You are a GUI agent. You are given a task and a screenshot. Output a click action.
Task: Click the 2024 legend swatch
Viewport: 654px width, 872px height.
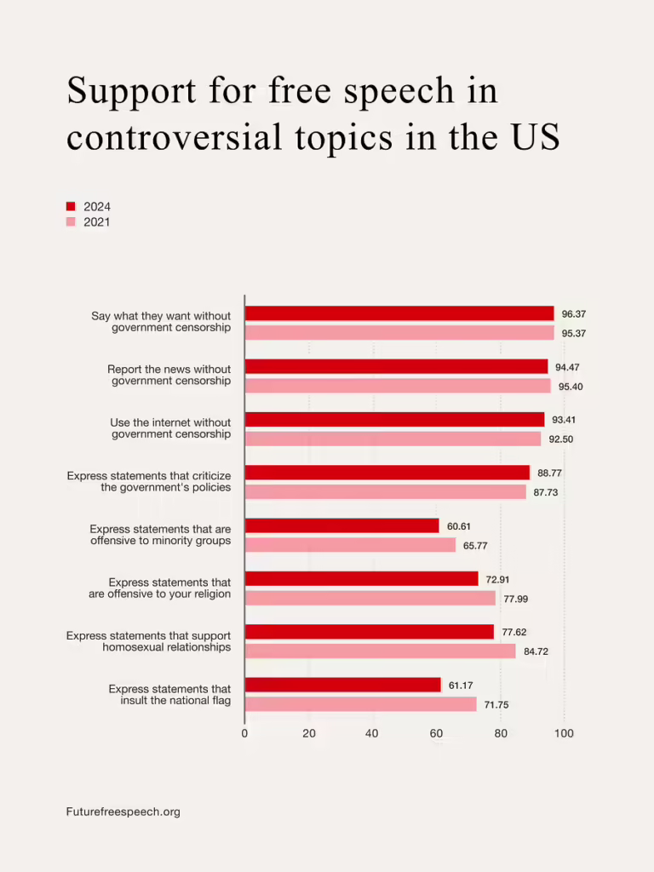click(x=71, y=207)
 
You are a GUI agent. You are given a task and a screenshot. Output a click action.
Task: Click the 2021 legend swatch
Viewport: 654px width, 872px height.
click(x=71, y=222)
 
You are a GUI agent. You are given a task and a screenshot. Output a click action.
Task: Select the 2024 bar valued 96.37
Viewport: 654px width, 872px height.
click(x=399, y=313)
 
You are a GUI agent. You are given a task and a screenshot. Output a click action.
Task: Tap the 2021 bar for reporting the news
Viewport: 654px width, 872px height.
click(x=398, y=386)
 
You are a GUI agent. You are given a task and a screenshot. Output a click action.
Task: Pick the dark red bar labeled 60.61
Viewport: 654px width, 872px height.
click(x=341, y=526)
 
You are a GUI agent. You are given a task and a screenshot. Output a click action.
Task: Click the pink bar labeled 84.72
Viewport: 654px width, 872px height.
click(x=380, y=651)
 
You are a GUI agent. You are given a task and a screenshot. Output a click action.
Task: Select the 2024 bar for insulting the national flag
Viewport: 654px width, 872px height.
click(x=342, y=685)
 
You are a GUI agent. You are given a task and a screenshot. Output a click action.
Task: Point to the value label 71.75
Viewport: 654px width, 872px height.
click(x=496, y=705)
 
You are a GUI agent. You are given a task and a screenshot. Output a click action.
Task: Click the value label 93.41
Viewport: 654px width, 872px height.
click(x=564, y=420)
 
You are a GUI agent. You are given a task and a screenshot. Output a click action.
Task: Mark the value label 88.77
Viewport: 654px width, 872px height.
click(x=549, y=473)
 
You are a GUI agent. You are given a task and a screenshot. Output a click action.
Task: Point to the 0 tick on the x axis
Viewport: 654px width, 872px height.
click(x=244, y=733)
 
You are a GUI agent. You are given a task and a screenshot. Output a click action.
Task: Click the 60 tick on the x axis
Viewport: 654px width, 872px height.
click(x=436, y=733)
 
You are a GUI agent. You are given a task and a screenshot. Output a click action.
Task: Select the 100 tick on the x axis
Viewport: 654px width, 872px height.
click(x=564, y=733)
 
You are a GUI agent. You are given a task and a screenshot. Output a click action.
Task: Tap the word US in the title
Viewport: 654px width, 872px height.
click(x=536, y=137)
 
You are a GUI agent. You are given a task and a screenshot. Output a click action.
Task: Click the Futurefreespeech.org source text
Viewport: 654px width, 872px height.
click(x=123, y=812)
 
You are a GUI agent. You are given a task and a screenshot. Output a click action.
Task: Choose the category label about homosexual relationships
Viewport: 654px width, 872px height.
click(x=149, y=641)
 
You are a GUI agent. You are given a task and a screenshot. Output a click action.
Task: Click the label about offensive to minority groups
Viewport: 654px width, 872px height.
click(x=160, y=535)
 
